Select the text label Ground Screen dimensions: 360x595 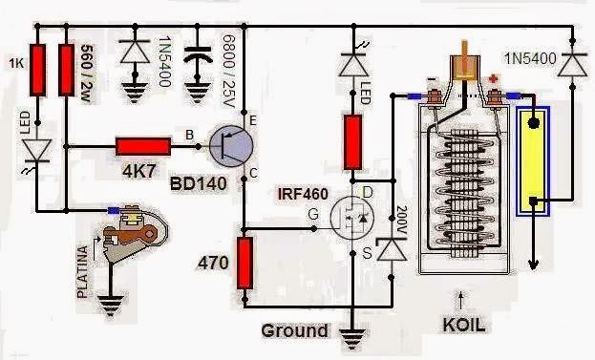295,331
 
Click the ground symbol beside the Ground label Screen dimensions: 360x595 354,335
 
